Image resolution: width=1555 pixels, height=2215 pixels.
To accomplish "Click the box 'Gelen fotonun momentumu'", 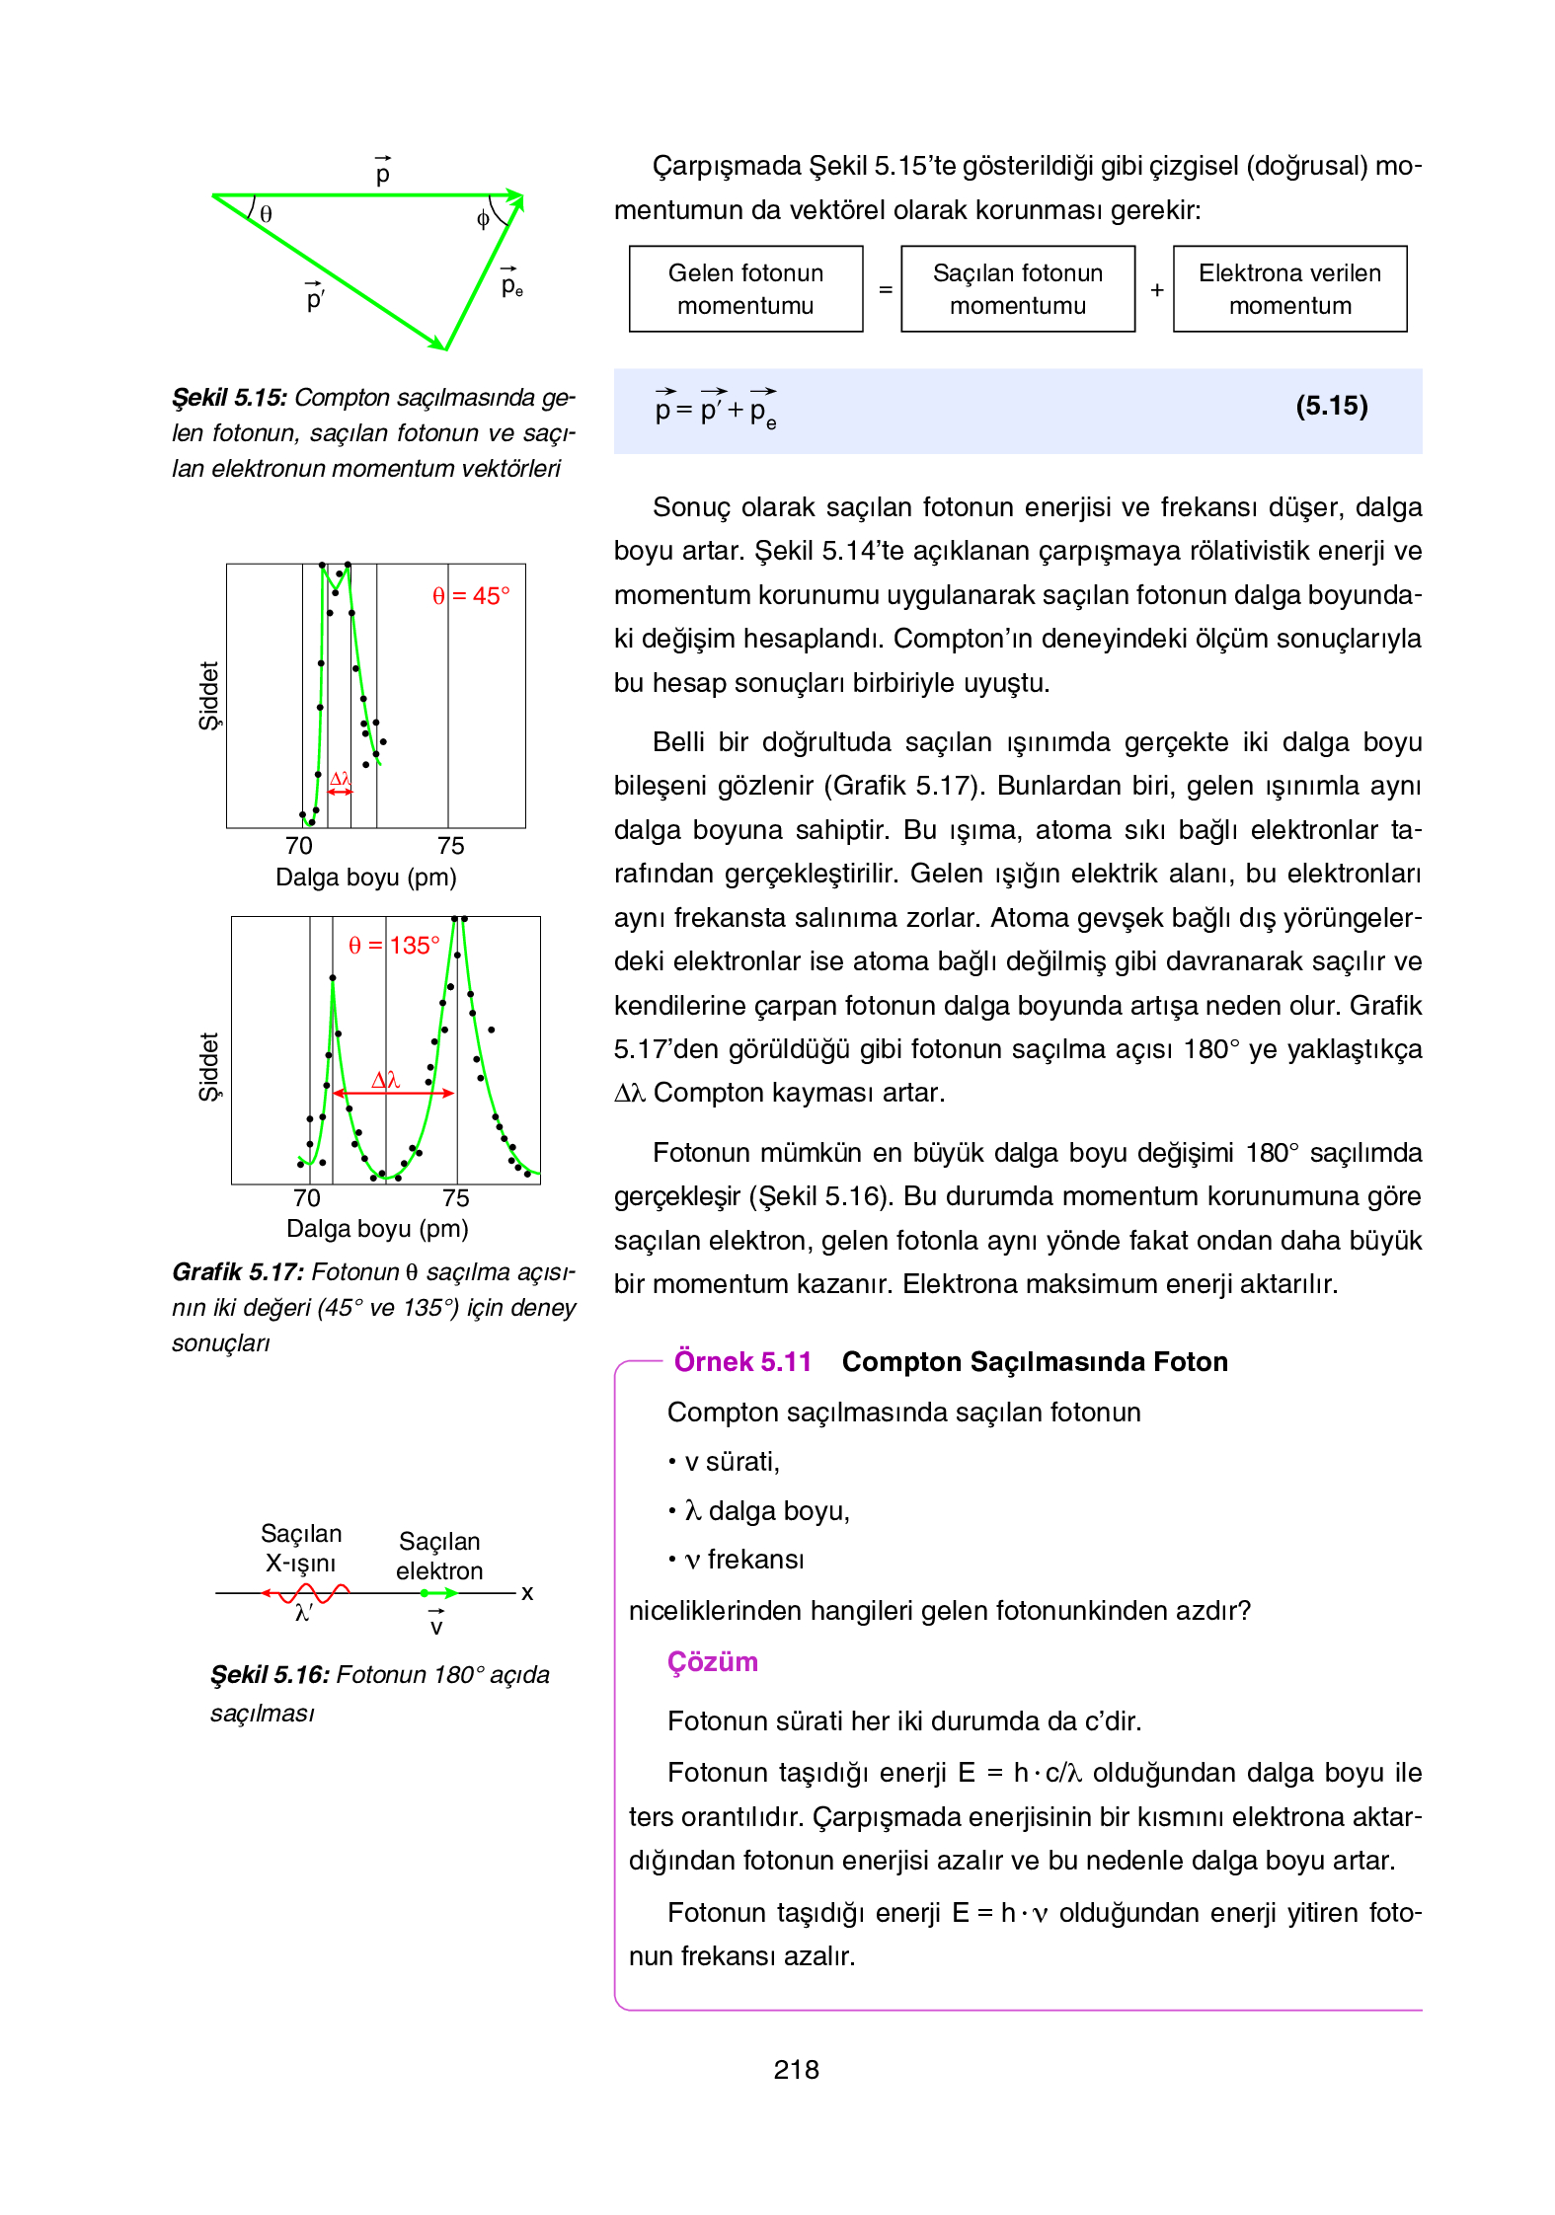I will pyautogui.click(x=745, y=289).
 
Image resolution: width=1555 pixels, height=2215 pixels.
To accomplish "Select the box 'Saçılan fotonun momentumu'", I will pyautogui.click(x=1017, y=289).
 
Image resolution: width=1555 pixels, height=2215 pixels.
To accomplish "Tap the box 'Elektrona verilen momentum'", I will pyautogui.click(x=1289, y=289).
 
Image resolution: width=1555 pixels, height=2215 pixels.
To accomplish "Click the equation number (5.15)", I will pyautogui.click(x=1331, y=407).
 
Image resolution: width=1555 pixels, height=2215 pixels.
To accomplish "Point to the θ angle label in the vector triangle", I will pyautogui.click(x=266, y=214).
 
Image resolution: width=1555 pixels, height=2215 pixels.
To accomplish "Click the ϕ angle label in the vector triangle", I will pyautogui.click(x=483, y=219).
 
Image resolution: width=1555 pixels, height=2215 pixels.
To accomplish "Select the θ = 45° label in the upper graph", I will pyautogui.click(x=471, y=596).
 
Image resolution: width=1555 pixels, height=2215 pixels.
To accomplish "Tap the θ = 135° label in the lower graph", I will pyautogui.click(x=394, y=946).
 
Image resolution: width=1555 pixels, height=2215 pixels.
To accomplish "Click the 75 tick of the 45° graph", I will pyautogui.click(x=450, y=846).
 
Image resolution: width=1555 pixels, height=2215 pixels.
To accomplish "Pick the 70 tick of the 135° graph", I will pyautogui.click(x=307, y=1198).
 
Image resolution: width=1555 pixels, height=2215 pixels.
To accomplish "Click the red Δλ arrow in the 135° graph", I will pyautogui.click(x=393, y=1093).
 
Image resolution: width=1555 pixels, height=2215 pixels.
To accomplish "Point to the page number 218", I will pyautogui.click(x=796, y=2069).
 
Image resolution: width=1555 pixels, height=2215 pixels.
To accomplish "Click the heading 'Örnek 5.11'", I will pyautogui.click(x=742, y=1362).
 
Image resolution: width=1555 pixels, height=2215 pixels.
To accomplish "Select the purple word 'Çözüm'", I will pyautogui.click(x=712, y=1662).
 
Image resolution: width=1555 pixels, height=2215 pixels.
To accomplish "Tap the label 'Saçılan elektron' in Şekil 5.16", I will pyautogui.click(x=439, y=1556).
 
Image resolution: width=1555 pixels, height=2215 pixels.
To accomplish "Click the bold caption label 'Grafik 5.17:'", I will pyautogui.click(x=238, y=1272).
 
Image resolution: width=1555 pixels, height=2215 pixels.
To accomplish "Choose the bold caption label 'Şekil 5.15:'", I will pyautogui.click(x=229, y=398).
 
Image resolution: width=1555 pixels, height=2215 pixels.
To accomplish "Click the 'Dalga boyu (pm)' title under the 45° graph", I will pyautogui.click(x=365, y=878).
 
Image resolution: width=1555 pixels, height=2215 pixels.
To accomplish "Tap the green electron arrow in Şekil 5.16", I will pyautogui.click(x=438, y=1593).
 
